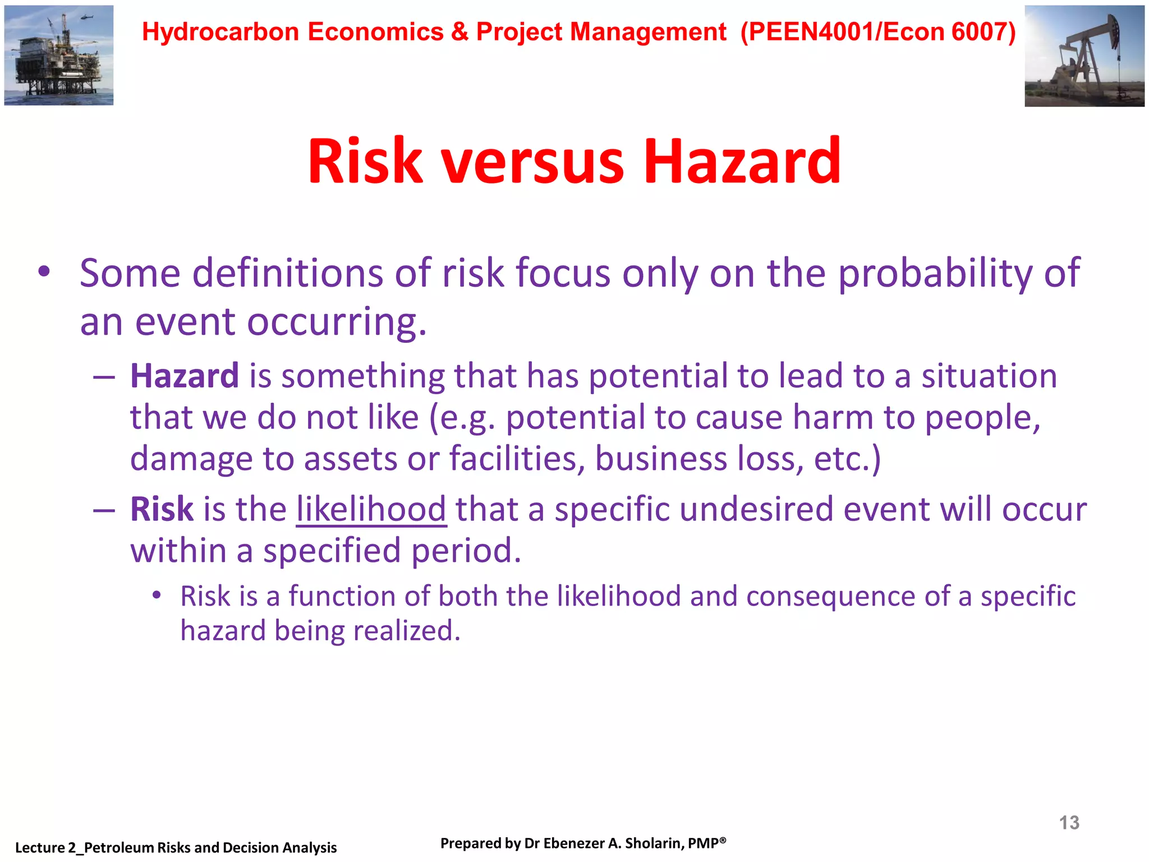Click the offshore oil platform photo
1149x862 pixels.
point(58,55)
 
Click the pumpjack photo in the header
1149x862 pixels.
point(1084,56)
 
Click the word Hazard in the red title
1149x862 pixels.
point(742,162)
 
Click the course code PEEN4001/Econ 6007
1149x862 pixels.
point(878,31)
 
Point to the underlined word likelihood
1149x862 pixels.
point(371,510)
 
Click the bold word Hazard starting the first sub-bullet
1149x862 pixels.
point(184,375)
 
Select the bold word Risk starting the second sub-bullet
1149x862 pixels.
point(162,510)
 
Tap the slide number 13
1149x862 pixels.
point(1069,823)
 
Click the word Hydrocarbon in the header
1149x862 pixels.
point(220,31)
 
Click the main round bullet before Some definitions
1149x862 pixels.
point(44,273)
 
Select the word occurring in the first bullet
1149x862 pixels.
point(337,323)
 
